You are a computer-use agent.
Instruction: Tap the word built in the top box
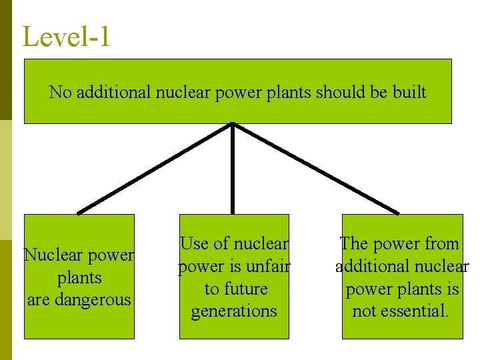click(x=410, y=92)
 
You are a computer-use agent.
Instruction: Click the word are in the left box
click(x=39, y=300)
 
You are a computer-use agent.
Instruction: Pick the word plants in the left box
click(x=79, y=278)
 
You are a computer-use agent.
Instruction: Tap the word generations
click(x=234, y=311)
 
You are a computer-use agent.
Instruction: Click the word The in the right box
click(x=355, y=244)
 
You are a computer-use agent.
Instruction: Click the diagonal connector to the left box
click(x=155, y=169)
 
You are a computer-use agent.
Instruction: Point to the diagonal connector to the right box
click(x=315, y=169)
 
